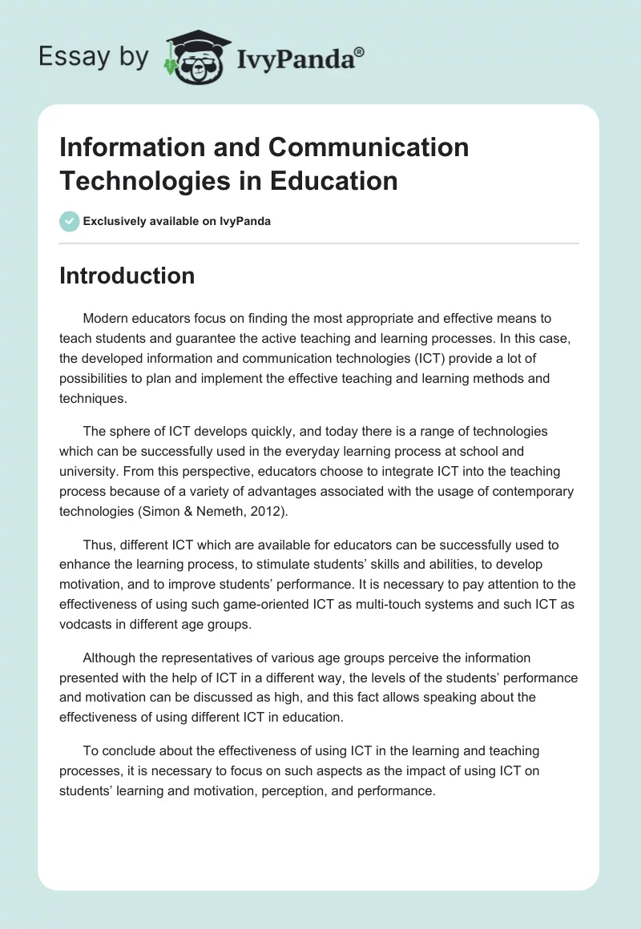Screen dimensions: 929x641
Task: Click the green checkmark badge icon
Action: [70, 221]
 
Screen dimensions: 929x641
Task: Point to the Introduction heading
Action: [127, 275]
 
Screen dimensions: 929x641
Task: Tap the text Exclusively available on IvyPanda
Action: [176, 221]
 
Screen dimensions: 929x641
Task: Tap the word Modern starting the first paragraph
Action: [107, 319]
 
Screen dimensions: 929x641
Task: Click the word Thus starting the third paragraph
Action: [98, 545]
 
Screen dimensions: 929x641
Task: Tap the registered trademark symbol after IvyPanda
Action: [359, 50]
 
